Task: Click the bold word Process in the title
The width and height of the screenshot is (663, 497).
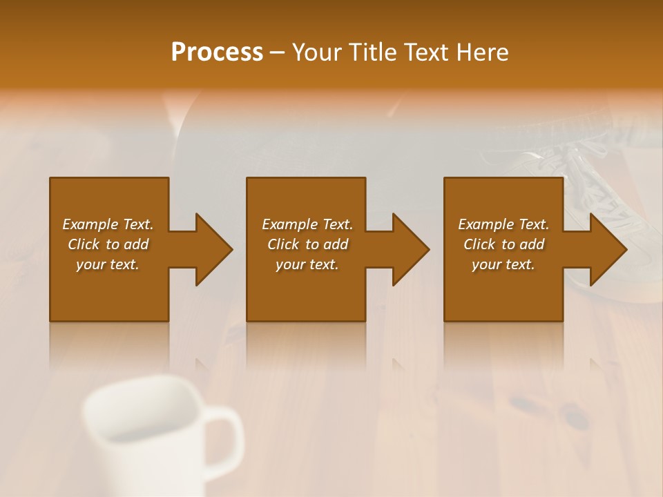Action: tap(217, 52)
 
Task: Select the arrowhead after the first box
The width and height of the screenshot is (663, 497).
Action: tap(211, 249)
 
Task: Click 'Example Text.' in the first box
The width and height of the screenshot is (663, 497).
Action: tap(108, 224)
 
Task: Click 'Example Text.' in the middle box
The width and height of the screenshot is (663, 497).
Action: tap(307, 224)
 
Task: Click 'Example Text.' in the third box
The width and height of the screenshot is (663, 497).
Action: tap(503, 224)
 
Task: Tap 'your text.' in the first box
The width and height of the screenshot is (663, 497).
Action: tap(108, 264)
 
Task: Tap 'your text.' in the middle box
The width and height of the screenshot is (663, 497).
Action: tap(307, 264)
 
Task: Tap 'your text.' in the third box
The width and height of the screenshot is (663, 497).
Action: tap(503, 264)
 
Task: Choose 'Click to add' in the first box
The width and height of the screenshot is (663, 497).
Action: tap(108, 244)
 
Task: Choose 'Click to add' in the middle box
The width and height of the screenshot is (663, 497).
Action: tap(307, 244)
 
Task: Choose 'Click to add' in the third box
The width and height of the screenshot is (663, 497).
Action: tap(503, 244)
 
